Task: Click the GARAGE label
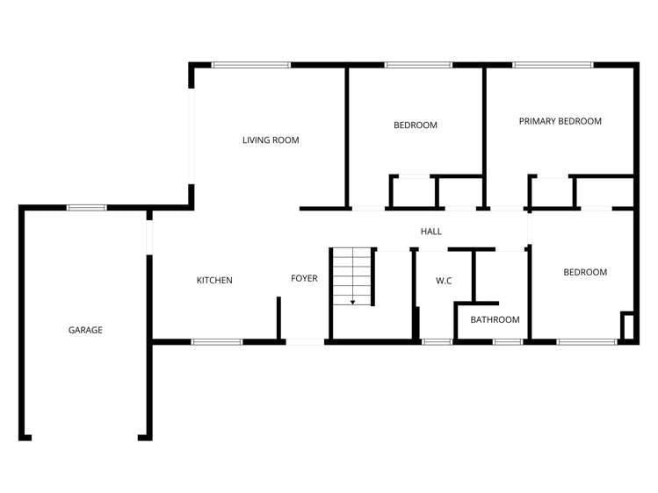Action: point(85,330)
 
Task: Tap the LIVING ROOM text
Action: point(271,139)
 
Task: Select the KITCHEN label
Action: point(214,280)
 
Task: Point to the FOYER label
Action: point(304,278)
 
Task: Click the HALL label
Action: point(430,231)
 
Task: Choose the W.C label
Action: point(444,281)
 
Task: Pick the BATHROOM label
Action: point(495,319)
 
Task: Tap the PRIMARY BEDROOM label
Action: point(560,121)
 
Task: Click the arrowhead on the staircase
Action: point(352,301)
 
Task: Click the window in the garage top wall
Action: point(87,208)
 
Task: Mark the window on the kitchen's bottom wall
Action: point(217,341)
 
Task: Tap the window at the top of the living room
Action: point(251,65)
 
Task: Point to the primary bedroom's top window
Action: point(553,65)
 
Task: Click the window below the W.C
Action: point(437,341)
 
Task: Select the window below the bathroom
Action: point(507,341)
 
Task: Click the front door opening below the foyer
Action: point(305,341)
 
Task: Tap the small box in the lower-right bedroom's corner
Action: point(626,325)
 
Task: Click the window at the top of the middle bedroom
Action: point(418,65)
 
